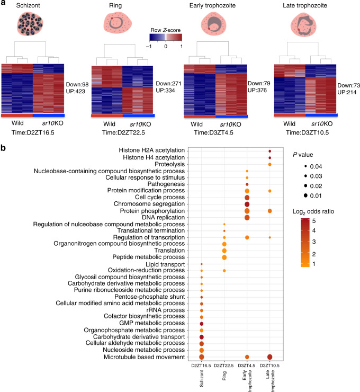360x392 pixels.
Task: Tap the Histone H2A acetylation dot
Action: pos(270,152)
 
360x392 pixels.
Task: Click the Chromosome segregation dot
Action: pos(247,204)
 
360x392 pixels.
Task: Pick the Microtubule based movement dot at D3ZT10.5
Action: pos(270,358)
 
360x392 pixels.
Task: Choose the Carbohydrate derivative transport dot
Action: pos(202,336)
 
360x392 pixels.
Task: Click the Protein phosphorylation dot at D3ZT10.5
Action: pos(270,211)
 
